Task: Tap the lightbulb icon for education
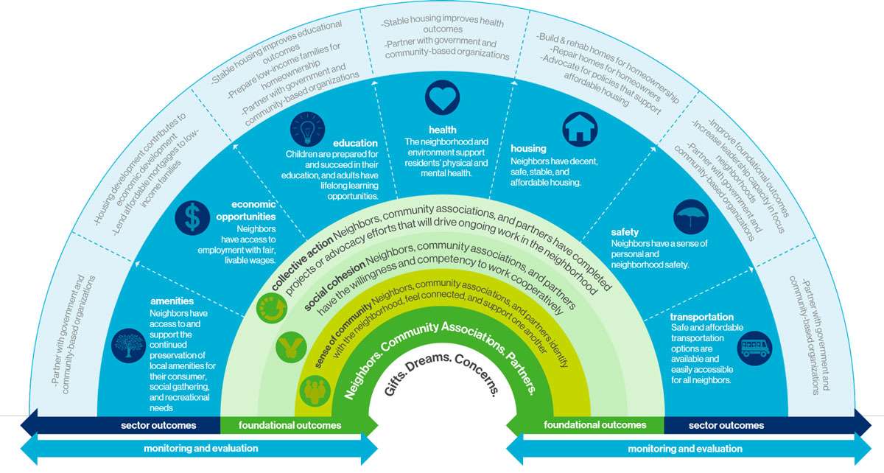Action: (x=308, y=130)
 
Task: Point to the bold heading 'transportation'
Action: (x=702, y=317)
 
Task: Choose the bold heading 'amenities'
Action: (x=172, y=301)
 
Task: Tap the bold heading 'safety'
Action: (x=625, y=232)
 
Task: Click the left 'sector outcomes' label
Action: (x=158, y=425)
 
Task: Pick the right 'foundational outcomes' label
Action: (x=594, y=425)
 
